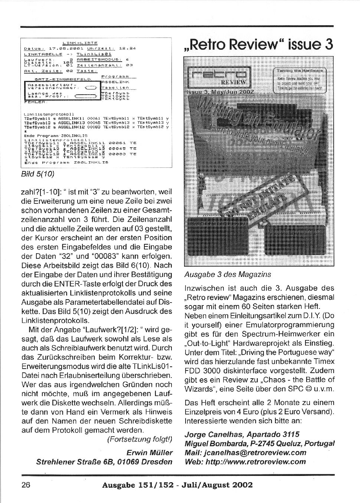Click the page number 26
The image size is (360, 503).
point(25,485)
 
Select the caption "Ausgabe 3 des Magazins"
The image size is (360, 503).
point(228,275)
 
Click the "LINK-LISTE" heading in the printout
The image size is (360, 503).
point(80,43)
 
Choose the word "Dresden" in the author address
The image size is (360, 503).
point(158,462)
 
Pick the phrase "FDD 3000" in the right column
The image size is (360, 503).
point(201,370)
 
